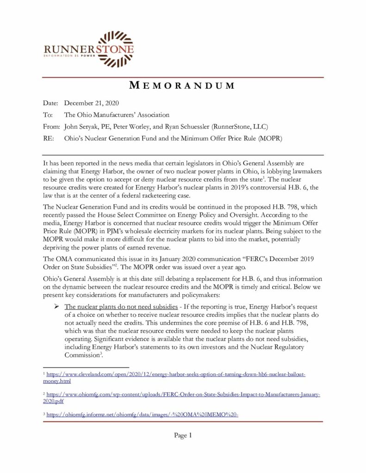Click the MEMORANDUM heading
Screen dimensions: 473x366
coord(182,85)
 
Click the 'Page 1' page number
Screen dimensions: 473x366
coord(183,435)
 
